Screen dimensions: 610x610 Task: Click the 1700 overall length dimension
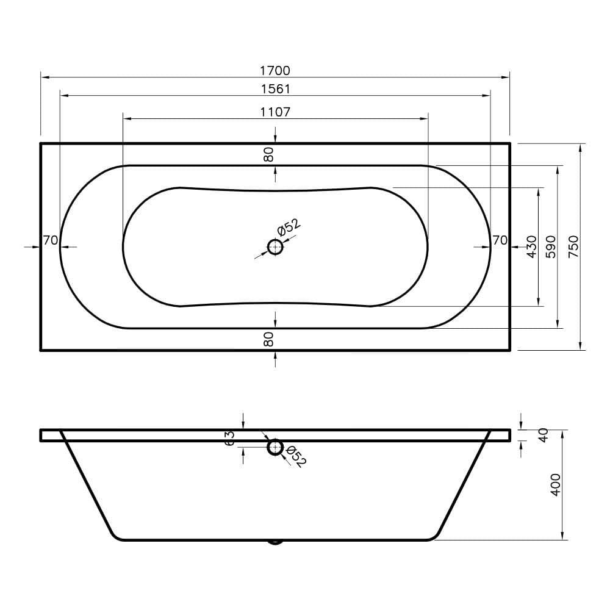pos(275,70)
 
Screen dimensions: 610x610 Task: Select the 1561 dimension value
pos(276,89)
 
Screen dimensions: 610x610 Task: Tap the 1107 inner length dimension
pos(275,112)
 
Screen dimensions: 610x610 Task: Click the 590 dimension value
pos(551,246)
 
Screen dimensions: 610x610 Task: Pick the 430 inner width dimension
pos(531,246)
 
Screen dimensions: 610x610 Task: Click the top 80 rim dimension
pos(269,154)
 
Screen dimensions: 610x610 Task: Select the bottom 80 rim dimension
pos(269,339)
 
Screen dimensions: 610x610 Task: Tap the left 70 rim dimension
pos(51,240)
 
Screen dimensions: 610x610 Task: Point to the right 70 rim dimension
pos(500,240)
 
